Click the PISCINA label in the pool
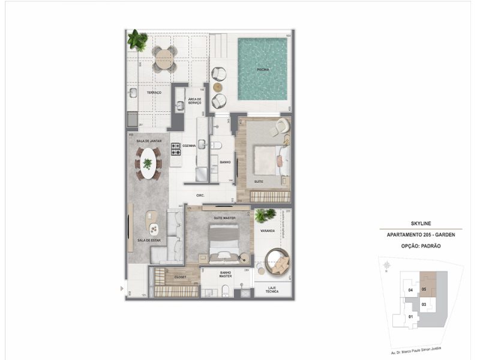[262, 70]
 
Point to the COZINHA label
[190, 146]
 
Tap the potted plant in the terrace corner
[137, 40]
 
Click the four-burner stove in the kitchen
[176, 146]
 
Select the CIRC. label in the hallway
[201, 196]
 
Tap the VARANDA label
[268, 230]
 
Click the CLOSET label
[181, 277]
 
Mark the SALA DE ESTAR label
[147, 240]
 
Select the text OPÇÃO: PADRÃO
[419, 246]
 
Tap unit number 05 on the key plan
[424, 289]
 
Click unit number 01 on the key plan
[411, 316]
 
